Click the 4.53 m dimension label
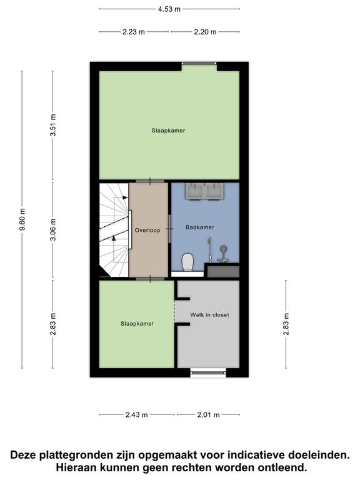[x=169, y=9]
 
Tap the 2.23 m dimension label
[x=134, y=32]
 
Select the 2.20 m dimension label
[x=205, y=32]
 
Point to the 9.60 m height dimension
[x=22, y=219]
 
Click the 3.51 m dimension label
[x=53, y=126]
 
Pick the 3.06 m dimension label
[x=53, y=229]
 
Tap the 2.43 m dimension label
[x=136, y=415]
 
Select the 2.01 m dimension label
[x=209, y=415]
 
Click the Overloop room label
[x=147, y=230]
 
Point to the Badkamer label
[x=200, y=227]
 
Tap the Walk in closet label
[x=209, y=315]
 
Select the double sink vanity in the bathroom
[x=204, y=192]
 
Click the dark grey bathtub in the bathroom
[x=223, y=271]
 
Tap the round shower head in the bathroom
[x=224, y=249]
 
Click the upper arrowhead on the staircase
[x=125, y=197]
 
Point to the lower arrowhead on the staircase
[x=114, y=238]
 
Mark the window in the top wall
[x=199, y=63]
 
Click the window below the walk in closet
[x=208, y=372]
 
